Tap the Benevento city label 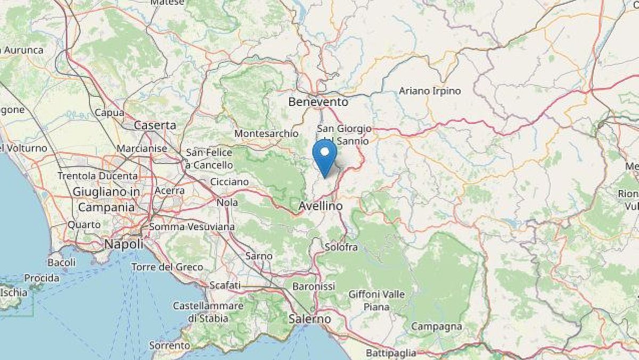(x=318, y=102)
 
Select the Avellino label (x=320, y=205)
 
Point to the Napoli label (x=124, y=244)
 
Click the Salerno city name (x=309, y=319)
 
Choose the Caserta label (x=155, y=126)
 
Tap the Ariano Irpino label (x=430, y=91)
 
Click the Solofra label (x=341, y=248)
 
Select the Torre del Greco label (x=167, y=267)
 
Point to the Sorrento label (x=169, y=346)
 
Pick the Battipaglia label (x=391, y=353)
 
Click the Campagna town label (x=436, y=326)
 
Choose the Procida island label (x=42, y=278)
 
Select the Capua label (x=109, y=113)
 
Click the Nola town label (x=227, y=202)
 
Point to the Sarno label (x=259, y=256)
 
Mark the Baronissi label (x=314, y=287)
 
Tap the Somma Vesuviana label (x=192, y=227)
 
